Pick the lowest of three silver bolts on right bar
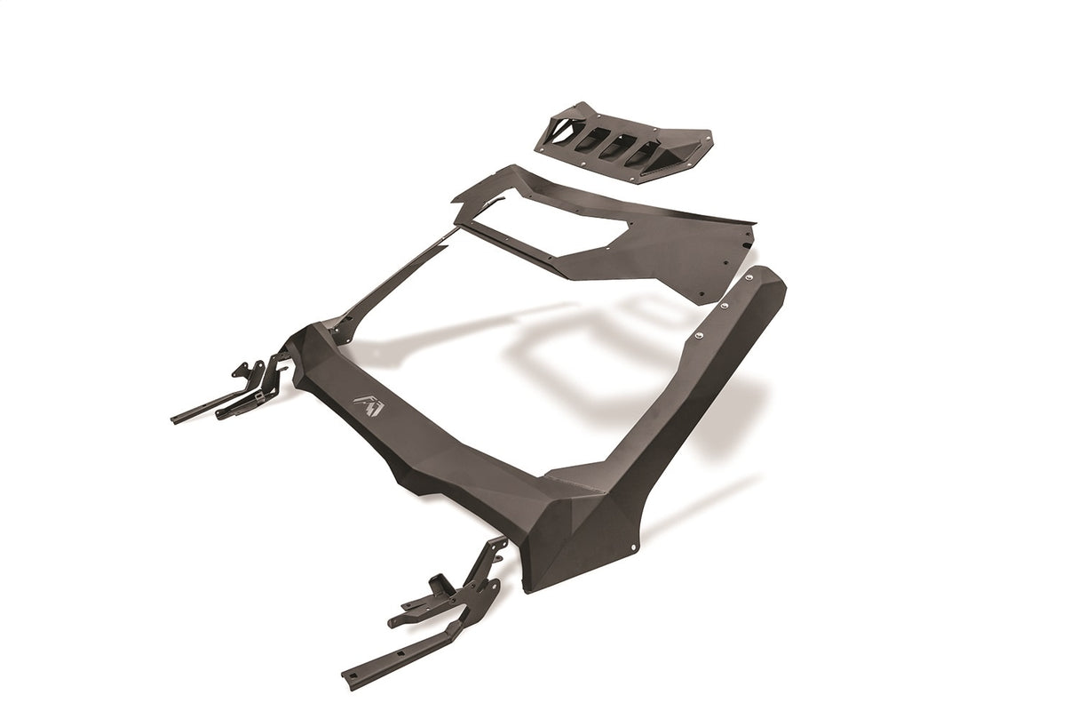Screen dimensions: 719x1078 pos(698,336)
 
